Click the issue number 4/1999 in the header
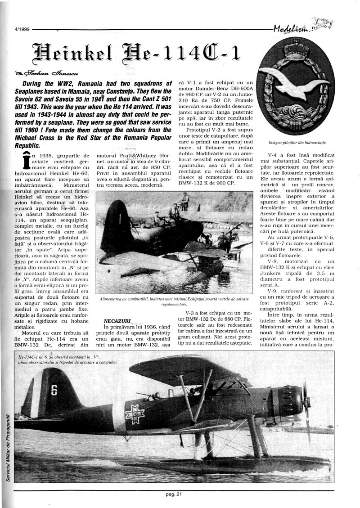18,29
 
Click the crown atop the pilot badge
296,49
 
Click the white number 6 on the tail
54,389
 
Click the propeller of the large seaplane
307,405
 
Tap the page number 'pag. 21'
173,495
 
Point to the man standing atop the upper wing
184,201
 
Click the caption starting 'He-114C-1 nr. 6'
67,359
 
